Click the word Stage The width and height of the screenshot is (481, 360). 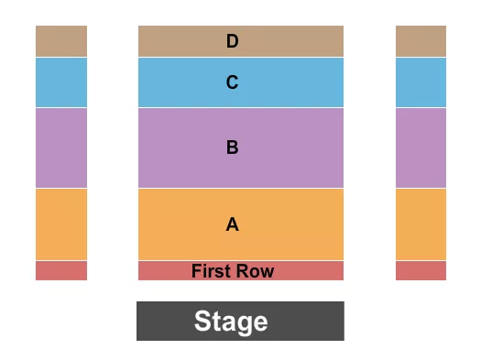pyautogui.click(x=231, y=322)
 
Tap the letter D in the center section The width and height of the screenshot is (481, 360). pyautogui.click(x=233, y=41)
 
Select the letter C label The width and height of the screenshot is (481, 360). pyautogui.click(x=233, y=82)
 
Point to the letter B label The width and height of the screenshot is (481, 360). pyautogui.click(x=233, y=147)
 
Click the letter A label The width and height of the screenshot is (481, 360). pyautogui.click(x=233, y=224)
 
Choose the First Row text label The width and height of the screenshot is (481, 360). pyautogui.click(x=234, y=271)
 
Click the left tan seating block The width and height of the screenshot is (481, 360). pyautogui.click(x=61, y=41)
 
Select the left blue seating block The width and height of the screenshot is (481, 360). pyautogui.click(x=61, y=82)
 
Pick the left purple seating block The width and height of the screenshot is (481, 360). pyautogui.click(x=61, y=147)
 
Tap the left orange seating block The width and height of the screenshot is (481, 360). pyautogui.click(x=61, y=224)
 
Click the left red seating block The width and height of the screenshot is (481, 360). pyautogui.click(x=61, y=270)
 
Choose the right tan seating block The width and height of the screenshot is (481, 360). pyautogui.click(x=421, y=41)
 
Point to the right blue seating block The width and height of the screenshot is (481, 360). pyautogui.click(x=421, y=82)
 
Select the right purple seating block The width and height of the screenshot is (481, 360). pyautogui.click(x=421, y=147)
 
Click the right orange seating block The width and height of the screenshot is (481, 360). pyautogui.click(x=421, y=224)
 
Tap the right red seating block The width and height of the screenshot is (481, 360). pyautogui.click(x=421, y=270)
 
